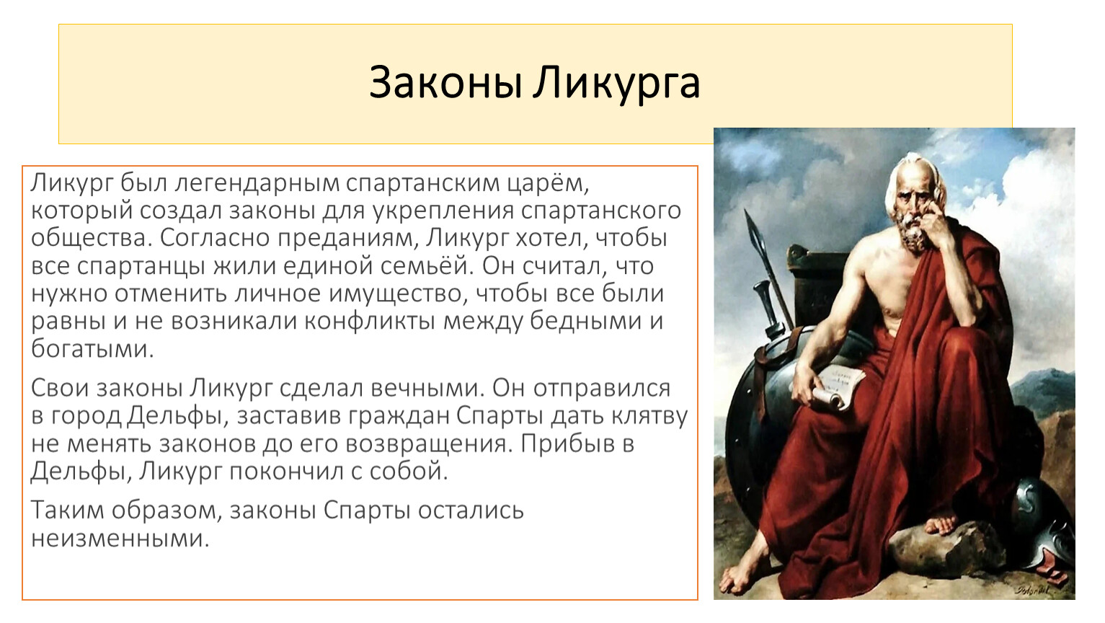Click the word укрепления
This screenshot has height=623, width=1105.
[x=443, y=211]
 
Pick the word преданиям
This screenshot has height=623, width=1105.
[x=345, y=239]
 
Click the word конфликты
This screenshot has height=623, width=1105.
[x=370, y=322]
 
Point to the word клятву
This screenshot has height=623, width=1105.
[x=649, y=417]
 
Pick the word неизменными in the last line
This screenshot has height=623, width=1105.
[x=120, y=538]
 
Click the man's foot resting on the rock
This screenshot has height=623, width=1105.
[x=940, y=524]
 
